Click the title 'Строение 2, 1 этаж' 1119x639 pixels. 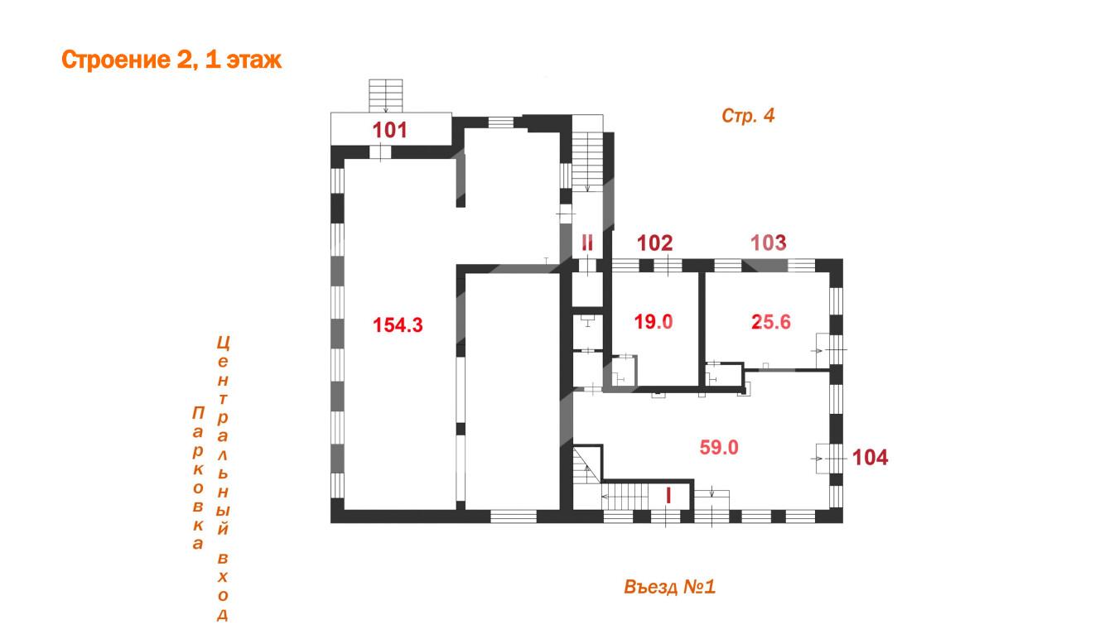(171, 60)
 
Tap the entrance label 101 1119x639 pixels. (389, 130)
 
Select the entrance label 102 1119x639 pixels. (655, 243)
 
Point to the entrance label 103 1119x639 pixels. (769, 243)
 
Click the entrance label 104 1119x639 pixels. (871, 457)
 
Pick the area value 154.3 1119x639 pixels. (398, 325)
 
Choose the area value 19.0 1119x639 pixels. (654, 321)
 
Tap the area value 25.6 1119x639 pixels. (771, 322)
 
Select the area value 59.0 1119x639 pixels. (719, 447)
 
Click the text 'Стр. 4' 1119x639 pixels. (748, 116)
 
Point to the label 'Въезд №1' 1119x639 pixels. (669, 587)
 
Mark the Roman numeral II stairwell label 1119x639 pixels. (587, 243)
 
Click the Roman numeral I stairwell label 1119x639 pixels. (669, 496)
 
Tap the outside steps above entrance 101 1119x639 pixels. (386, 96)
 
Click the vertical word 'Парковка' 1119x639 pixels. (198, 478)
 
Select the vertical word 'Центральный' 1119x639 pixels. (223, 435)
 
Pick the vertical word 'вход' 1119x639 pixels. (222, 587)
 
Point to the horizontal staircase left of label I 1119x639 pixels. (625, 497)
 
